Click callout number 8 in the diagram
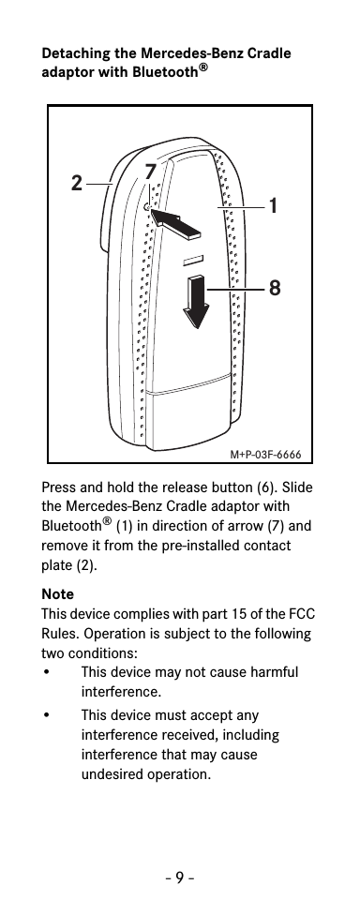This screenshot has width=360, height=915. coord(274,290)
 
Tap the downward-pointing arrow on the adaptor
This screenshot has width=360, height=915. coord(197,300)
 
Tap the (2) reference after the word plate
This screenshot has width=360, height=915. coord(85,565)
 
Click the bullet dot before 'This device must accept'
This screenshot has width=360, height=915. coord(47,714)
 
